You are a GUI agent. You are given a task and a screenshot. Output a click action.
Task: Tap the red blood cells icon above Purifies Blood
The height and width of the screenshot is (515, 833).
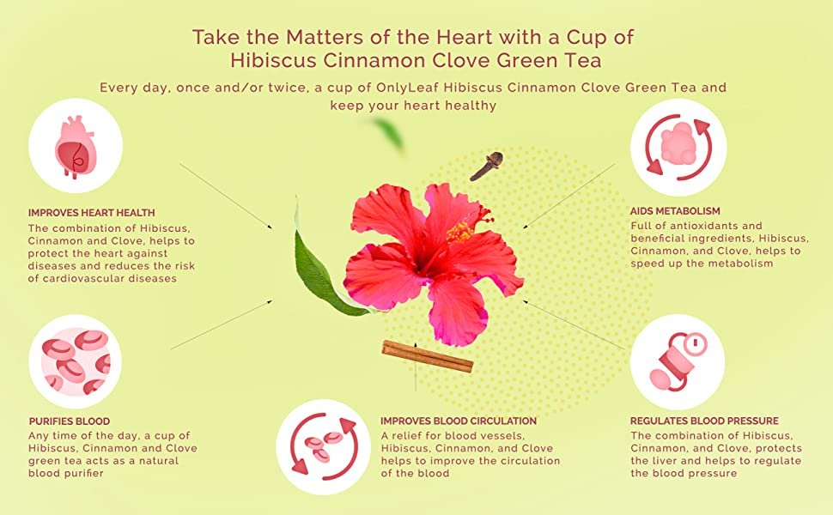[76, 362]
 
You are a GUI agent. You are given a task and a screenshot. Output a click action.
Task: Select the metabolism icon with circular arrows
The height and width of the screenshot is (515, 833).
[678, 147]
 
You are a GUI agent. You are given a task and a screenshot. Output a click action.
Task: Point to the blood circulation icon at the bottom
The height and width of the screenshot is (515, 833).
[324, 447]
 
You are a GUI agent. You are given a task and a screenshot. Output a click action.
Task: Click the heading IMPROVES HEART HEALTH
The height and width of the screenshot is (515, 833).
[91, 213]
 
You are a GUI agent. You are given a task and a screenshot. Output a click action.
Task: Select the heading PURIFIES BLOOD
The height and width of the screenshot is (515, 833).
[69, 421]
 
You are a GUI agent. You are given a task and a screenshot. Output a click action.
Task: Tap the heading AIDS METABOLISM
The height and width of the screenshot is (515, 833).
[675, 211]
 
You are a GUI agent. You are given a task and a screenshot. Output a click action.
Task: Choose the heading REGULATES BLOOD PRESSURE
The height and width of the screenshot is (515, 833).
[704, 421]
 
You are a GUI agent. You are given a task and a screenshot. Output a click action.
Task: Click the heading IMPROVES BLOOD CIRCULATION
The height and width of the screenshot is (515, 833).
[459, 421]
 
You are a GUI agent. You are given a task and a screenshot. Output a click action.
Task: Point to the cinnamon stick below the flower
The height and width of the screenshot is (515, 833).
[427, 356]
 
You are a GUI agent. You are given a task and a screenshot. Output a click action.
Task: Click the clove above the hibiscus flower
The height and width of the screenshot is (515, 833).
[487, 166]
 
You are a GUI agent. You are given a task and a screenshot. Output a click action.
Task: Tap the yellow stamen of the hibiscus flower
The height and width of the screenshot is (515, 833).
[460, 232]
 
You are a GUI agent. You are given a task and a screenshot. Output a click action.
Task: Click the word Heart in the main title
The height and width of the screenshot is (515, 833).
[466, 37]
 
